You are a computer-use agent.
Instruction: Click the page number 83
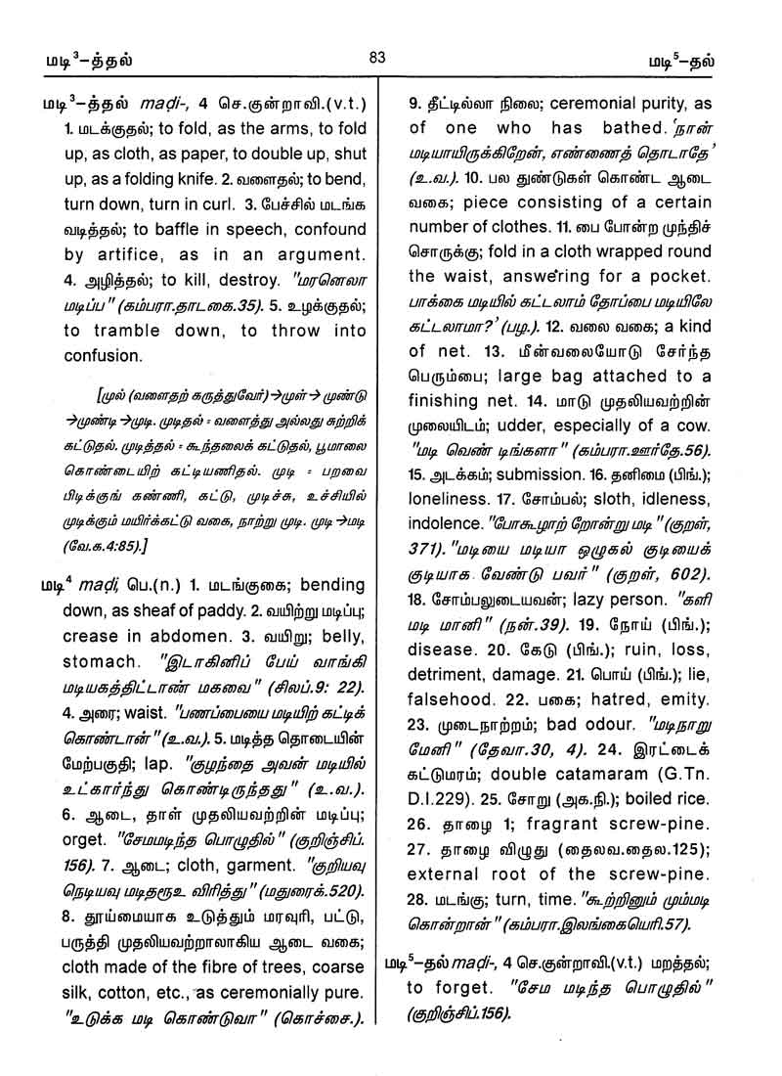378,58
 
